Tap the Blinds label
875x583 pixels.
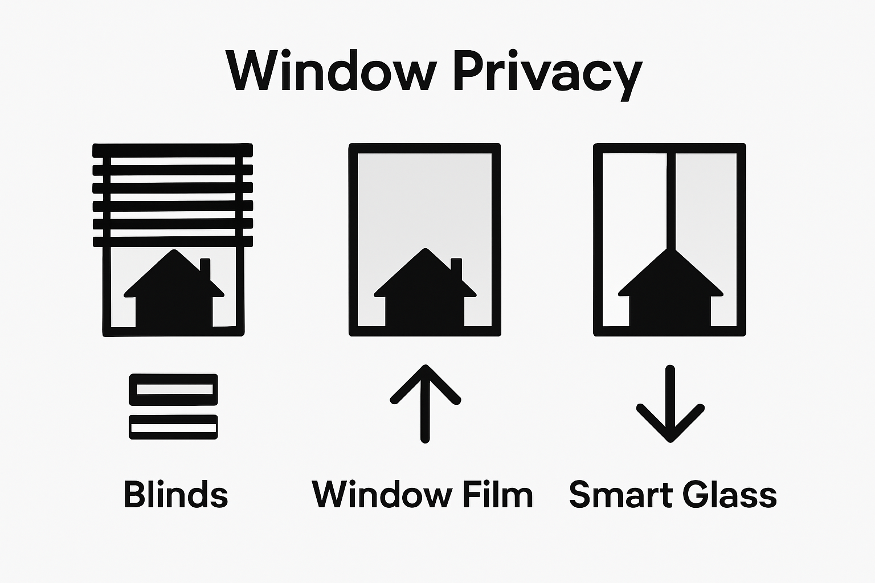tap(175, 494)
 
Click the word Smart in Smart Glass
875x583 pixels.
tap(619, 494)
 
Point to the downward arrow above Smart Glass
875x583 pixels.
tap(670, 404)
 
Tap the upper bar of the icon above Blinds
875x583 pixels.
tap(173, 389)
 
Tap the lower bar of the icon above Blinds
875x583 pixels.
tap(173, 427)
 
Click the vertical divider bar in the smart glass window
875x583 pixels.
tap(670, 199)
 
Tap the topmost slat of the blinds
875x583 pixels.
tap(173, 150)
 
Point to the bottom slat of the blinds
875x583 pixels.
tap(173, 241)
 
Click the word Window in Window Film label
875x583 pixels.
tap(381, 494)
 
